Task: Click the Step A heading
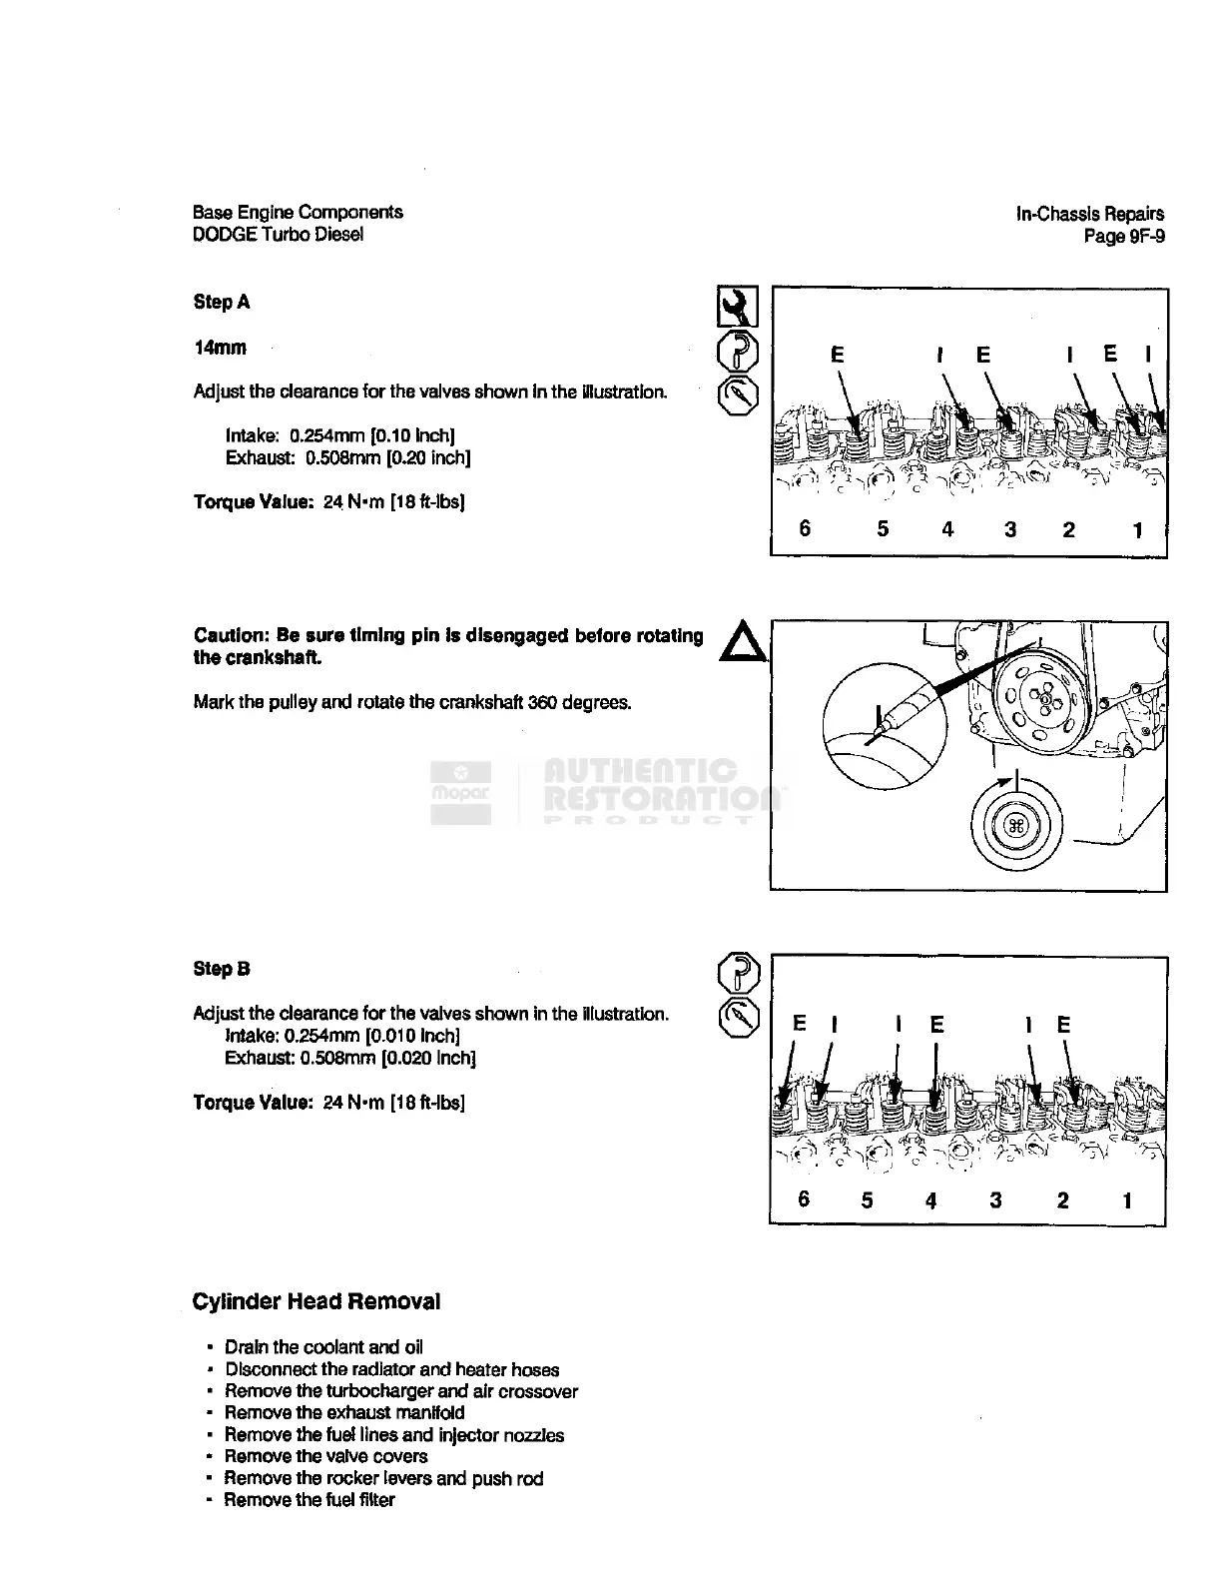pyautogui.click(x=222, y=302)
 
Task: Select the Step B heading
pyautogui.click(x=222, y=969)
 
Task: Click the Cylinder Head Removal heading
pyautogui.click(x=315, y=1301)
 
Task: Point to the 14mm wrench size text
pyautogui.click(x=220, y=348)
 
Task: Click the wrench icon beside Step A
pyautogui.click(x=738, y=307)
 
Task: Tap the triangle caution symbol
pyautogui.click(x=742, y=641)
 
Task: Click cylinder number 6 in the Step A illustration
pyautogui.click(x=806, y=528)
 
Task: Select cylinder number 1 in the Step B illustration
pyautogui.click(x=1127, y=1199)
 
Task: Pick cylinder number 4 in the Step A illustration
pyautogui.click(x=947, y=528)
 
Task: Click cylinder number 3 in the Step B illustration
pyautogui.click(x=995, y=1199)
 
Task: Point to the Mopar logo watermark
pyautogui.click(x=460, y=793)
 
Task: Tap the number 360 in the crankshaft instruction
pyautogui.click(x=541, y=702)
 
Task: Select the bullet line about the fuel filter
pyautogui.click(x=309, y=1500)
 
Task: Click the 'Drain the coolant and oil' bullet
pyautogui.click(x=323, y=1347)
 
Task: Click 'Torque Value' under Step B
pyautogui.click(x=254, y=1103)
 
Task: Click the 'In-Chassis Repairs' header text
pyautogui.click(x=1090, y=213)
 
